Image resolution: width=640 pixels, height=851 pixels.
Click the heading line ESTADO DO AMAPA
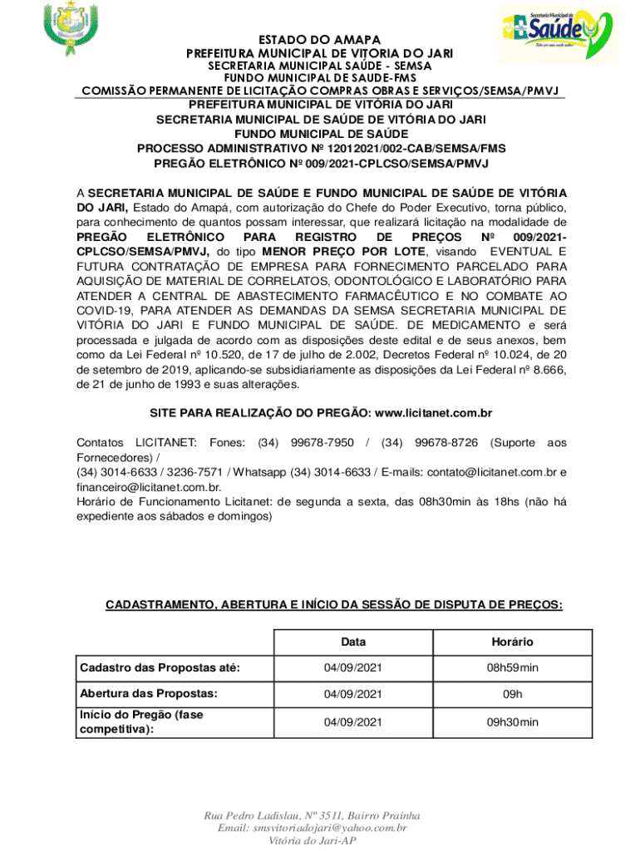[319, 41]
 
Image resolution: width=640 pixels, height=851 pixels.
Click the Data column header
[352, 642]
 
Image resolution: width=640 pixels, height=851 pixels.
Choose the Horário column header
[512, 642]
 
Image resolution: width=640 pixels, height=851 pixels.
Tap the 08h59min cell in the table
[512, 668]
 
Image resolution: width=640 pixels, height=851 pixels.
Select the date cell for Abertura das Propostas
[352, 694]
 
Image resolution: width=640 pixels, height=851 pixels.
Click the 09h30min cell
[512, 722]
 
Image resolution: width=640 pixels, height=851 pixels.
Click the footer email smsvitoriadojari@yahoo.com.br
[312, 829]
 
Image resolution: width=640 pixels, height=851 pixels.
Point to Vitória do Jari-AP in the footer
[312, 841]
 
